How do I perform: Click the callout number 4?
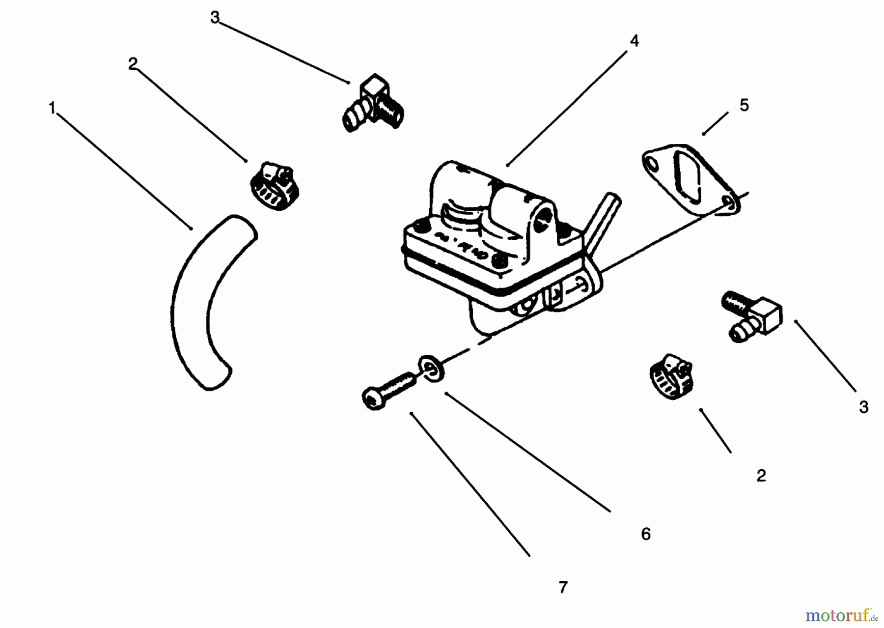634,41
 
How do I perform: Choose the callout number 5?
744,105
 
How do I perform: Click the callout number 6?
646,534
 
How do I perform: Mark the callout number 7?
563,587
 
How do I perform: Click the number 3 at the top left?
215,18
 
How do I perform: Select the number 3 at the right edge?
864,407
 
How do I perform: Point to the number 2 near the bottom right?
761,475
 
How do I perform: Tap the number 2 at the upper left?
133,64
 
